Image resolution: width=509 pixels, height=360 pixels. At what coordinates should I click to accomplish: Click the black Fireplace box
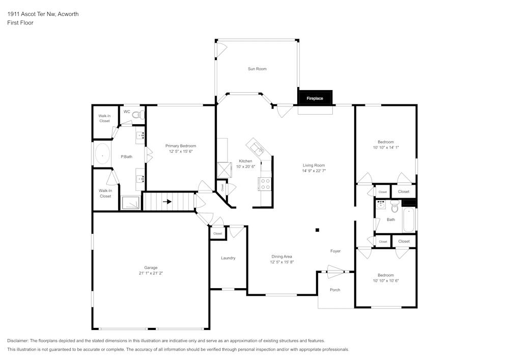pyautogui.click(x=315, y=98)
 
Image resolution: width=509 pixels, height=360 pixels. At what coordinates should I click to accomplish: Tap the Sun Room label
pyautogui.click(x=257, y=69)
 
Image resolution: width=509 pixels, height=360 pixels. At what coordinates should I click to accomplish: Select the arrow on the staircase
pyautogui.click(x=167, y=201)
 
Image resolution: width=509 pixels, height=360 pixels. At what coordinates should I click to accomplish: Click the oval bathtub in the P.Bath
pyautogui.click(x=103, y=154)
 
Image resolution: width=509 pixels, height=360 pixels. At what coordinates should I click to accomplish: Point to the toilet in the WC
pyautogui.click(x=137, y=115)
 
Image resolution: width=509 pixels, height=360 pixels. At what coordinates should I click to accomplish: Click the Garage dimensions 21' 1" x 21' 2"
pyautogui.click(x=151, y=273)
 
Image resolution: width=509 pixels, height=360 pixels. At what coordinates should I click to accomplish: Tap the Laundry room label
pyautogui.click(x=228, y=258)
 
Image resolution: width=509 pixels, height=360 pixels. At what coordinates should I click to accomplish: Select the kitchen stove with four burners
pyautogui.click(x=265, y=183)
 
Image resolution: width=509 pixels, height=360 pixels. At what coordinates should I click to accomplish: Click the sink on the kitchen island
pyautogui.click(x=259, y=149)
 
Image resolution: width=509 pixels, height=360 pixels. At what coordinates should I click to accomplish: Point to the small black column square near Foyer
pyautogui.click(x=318, y=230)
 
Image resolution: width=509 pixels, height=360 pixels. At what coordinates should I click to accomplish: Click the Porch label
pyautogui.click(x=335, y=290)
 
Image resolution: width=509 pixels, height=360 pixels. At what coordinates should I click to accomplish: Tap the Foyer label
pyautogui.click(x=335, y=251)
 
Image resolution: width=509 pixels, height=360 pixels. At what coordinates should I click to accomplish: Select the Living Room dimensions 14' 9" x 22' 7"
pyautogui.click(x=314, y=171)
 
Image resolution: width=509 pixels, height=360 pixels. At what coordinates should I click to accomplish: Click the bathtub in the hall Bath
pyautogui.click(x=409, y=219)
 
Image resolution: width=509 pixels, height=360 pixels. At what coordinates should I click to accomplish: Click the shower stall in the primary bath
pyautogui.click(x=130, y=203)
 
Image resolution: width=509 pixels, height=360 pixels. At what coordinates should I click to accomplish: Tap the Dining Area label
pyautogui.click(x=281, y=257)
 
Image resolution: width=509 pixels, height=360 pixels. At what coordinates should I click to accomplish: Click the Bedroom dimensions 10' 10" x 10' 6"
pyautogui.click(x=386, y=281)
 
